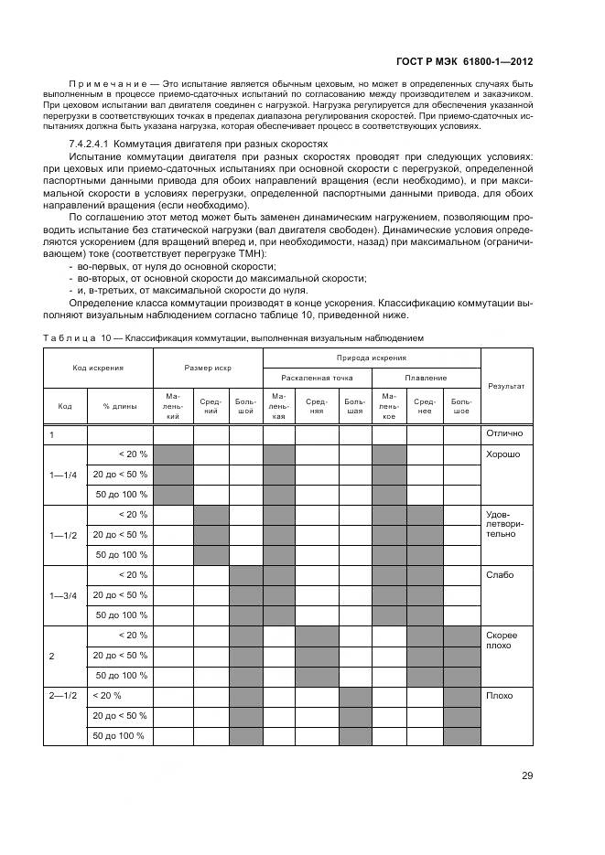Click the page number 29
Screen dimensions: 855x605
(x=527, y=776)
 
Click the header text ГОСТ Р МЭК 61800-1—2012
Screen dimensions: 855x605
(x=464, y=63)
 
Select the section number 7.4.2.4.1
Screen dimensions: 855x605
(x=96, y=145)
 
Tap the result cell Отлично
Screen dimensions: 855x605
(x=503, y=433)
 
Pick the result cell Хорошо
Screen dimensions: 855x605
(x=502, y=454)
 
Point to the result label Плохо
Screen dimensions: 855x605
(x=499, y=696)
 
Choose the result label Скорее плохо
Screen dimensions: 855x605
(x=502, y=640)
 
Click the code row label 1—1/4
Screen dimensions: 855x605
(x=64, y=474)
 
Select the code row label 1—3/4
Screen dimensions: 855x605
(x=64, y=594)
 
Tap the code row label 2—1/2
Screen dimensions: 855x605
(x=64, y=696)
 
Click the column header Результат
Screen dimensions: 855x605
(x=506, y=386)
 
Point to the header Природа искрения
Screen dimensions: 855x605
(x=372, y=358)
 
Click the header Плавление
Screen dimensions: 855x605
(x=427, y=377)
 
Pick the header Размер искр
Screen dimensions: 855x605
(x=208, y=368)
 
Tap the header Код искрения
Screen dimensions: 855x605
(x=98, y=368)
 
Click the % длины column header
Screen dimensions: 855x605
(x=119, y=406)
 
